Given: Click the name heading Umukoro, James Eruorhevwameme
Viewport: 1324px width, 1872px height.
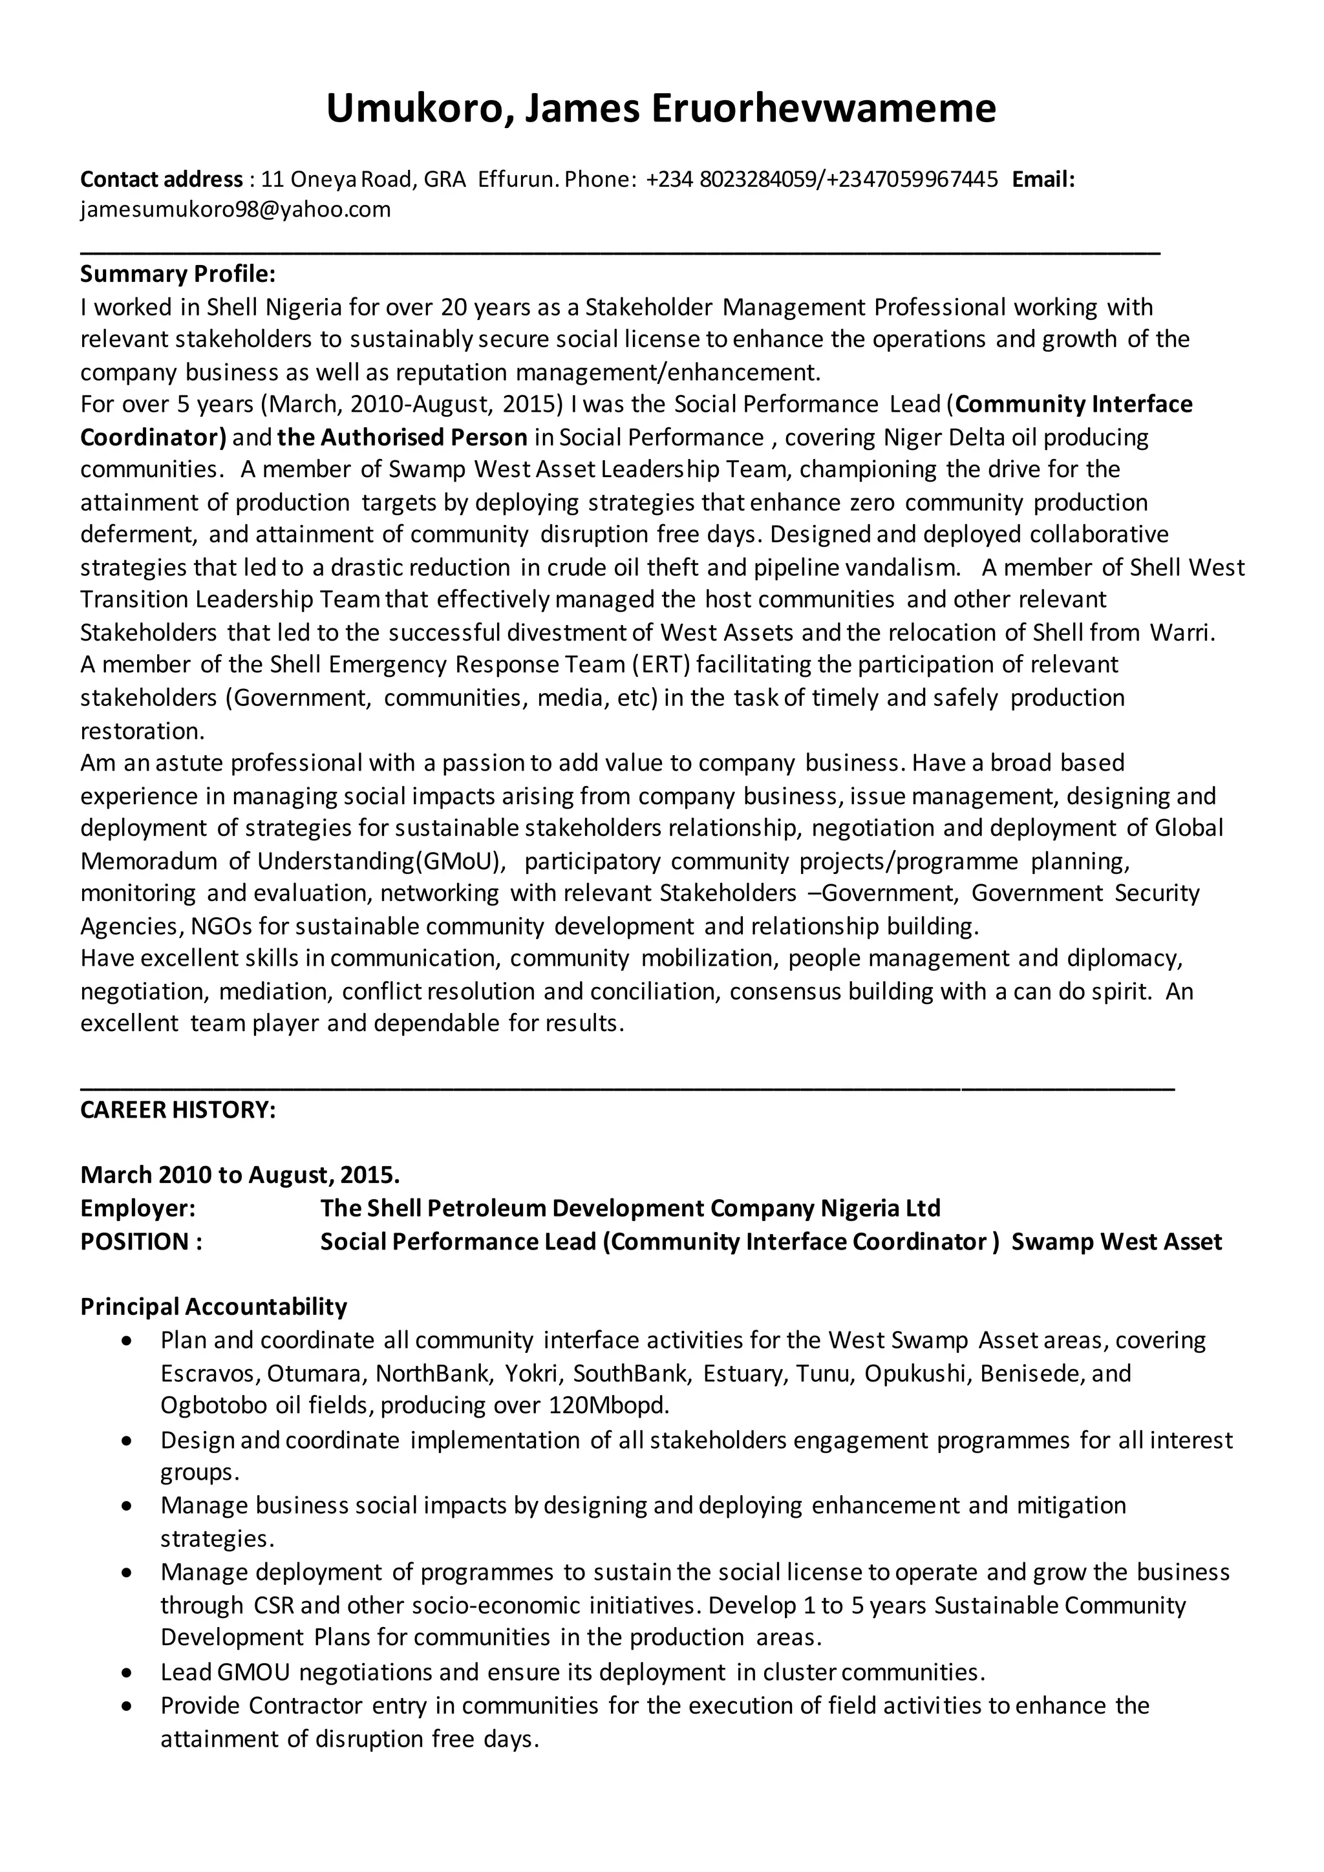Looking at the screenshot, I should coord(660,109).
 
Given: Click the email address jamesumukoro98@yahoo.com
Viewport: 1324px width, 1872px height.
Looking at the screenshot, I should coord(235,209).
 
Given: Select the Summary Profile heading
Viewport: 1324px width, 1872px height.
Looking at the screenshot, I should coord(178,274).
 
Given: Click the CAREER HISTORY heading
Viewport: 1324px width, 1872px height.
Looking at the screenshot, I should coord(178,1110).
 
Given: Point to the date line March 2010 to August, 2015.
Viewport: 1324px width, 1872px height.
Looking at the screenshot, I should coord(240,1175).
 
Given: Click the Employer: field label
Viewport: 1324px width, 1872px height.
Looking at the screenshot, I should coord(137,1208).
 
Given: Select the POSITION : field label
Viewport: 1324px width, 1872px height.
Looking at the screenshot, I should coord(140,1242).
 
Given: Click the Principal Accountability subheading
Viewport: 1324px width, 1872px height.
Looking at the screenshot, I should coord(213,1307).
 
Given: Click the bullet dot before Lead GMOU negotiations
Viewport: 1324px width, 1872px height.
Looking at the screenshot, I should coord(125,1674).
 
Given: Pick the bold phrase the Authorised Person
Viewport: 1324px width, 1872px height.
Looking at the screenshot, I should coord(402,438).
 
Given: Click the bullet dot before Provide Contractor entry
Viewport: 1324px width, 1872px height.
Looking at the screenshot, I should coord(125,1707).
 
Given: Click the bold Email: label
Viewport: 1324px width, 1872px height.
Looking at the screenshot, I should coord(1043,179).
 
